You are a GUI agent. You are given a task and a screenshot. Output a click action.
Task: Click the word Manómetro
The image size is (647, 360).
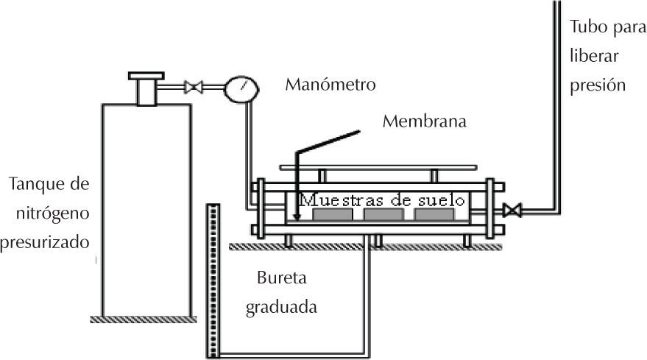click(x=330, y=85)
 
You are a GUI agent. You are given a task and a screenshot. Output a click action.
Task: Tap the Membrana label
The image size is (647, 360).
click(x=424, y=121)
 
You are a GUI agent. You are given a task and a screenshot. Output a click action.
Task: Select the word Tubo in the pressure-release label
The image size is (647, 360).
click(x=587, y=28)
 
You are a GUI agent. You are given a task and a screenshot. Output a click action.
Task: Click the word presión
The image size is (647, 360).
click(x=598, y=85)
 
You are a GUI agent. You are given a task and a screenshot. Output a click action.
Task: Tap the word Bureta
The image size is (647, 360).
click(x=280, y=279)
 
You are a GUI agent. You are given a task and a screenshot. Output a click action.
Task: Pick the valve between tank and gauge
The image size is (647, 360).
click(x=194, y=88)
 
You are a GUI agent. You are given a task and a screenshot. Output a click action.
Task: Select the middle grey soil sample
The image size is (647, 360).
click(x=383, y=214)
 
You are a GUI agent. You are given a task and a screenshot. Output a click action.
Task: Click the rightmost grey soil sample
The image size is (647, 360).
click(x=434, y=214)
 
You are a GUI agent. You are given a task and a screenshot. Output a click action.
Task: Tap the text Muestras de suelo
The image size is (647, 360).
click(x=383, y=200)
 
